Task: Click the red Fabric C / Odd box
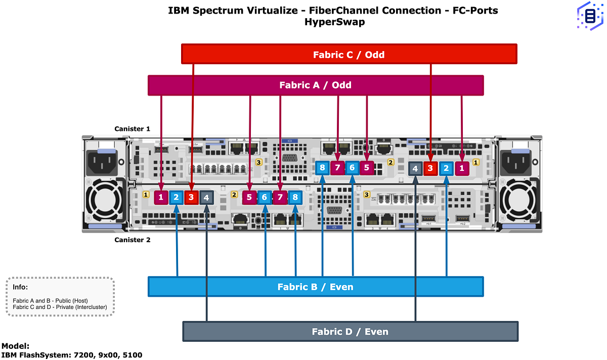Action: pyautogui.click(x=349, y=54)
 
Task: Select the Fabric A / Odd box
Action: pyautogui.click(x=316, y=85)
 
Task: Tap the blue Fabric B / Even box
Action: pyautogui.click(x=316, y=287)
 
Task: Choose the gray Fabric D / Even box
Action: pyautogui.click(x=350, y=332)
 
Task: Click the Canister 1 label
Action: pyautogui.click(x=132, y=129)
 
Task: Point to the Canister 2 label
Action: pyautogui.click(x=132, y=240)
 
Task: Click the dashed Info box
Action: pyautogui.click(x=60, y=297)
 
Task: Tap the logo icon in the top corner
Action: pyautogui.click(x=590, y=17)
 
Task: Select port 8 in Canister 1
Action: pyautogui.click(x=322, y=168)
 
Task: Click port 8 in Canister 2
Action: pyautogui.click(x=295, y=197)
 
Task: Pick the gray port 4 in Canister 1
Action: pyautogui.click(x=415, y=168)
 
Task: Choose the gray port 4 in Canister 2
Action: pyautogui.click(x=206, y=197)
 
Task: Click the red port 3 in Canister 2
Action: pyautogui.click(x=191, y=197)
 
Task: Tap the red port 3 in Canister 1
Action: pyautogui.click(x=430, y=168)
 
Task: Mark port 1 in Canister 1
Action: pyautogui.click(x=461, y=168)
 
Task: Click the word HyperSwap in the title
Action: pyautogui.click(x=334, y=22)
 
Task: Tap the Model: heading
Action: pyautogui.click(x=16, y=346)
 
